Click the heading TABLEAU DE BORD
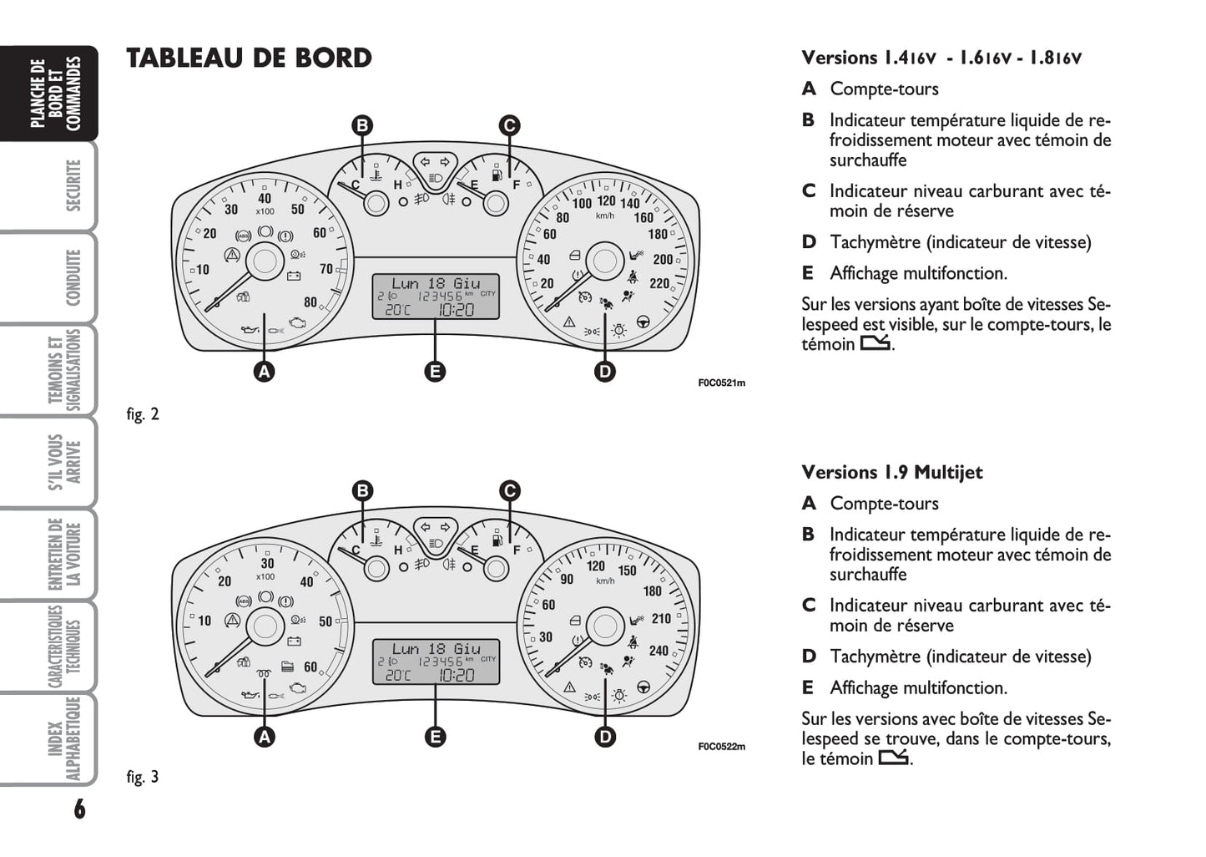(249, 58)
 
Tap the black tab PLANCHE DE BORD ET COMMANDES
(55, 93)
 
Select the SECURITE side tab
(73, 185)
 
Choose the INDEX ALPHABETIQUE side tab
(64, 738)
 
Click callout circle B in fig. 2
(362, 126)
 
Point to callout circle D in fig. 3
(605, 736)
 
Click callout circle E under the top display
(435, 372)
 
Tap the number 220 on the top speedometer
(659, 283)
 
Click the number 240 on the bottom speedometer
(659, 651)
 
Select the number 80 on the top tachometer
(310, 302)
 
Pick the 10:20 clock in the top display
(456, 310)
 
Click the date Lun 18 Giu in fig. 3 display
(436, 648)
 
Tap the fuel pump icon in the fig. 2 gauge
(497, 175)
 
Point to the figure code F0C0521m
(721, 383)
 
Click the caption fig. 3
(143, 777)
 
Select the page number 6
(79, 809)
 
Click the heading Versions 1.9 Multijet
(891, 473)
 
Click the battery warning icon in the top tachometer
(293, 275)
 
